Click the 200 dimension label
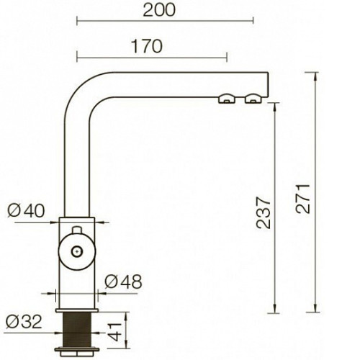[159, 10]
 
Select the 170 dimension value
[147, 47]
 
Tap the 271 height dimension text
[303, 199]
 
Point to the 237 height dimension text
[264, 212]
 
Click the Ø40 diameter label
[26, 211]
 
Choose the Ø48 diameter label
[123, 282]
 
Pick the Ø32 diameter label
[24, 322]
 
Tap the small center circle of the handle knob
[77, 251]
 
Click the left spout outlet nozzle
[227, 99]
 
